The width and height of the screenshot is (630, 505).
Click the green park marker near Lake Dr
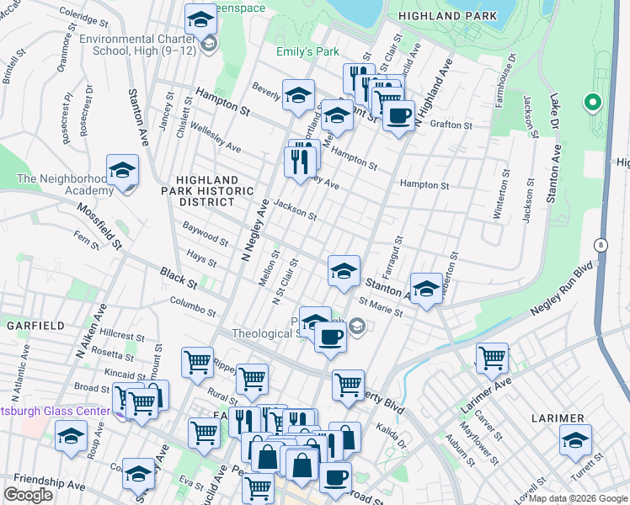coord(592,103)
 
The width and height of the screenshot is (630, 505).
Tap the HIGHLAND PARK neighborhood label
coord(441,16)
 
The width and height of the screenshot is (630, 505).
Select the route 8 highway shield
coord(601,245)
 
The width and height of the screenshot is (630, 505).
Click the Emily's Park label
coord(307,51)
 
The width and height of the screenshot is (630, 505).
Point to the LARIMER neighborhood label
coord(558,418)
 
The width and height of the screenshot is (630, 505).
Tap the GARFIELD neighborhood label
coord(30,325)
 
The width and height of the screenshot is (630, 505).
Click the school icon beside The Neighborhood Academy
coord(122,171)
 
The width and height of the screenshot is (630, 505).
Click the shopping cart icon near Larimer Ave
coord(492,357)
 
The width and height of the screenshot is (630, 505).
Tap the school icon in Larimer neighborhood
coord(575,440)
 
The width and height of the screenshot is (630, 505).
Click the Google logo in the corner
coord(28,494)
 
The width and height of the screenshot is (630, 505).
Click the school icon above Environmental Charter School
coord(200,19)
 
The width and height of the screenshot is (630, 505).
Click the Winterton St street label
coord(499,195)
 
